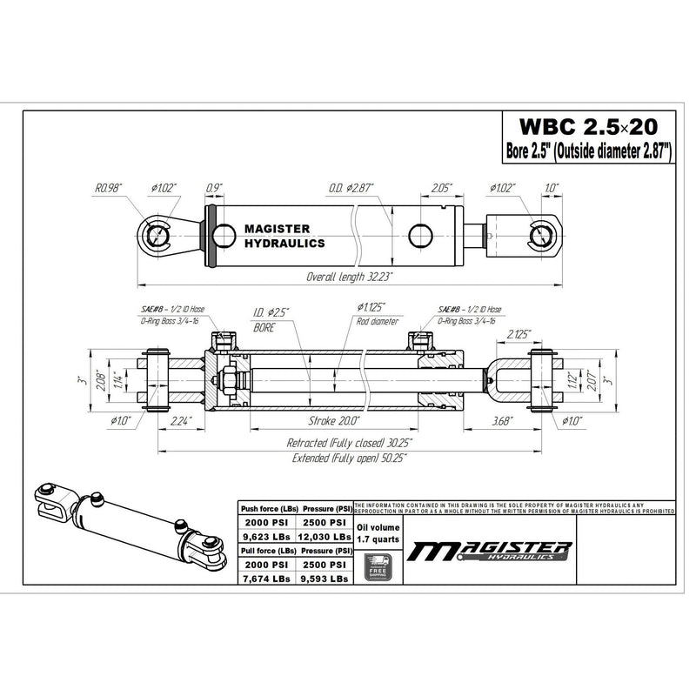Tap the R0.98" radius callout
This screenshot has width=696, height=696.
pyautogui.click(x=111, y=186)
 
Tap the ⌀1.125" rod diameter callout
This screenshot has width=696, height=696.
pyautogui.click(x=371, y=306)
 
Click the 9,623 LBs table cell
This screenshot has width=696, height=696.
pyautogui.click(x=266, y=537)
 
